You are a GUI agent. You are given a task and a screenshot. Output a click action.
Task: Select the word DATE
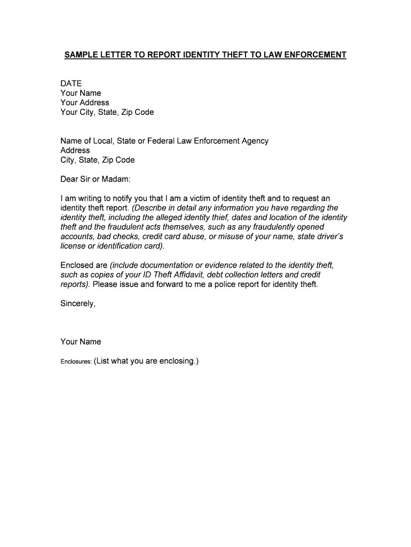(71, 83)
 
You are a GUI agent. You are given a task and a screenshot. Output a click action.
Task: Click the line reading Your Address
(85, 103)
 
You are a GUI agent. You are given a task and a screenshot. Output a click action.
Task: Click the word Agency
(254, 141)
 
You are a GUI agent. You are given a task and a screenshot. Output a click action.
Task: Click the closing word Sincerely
(78, 304)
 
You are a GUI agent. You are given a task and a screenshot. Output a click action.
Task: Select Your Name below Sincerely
(81, 342)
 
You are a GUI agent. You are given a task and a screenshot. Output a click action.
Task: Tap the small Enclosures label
(76, 362)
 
